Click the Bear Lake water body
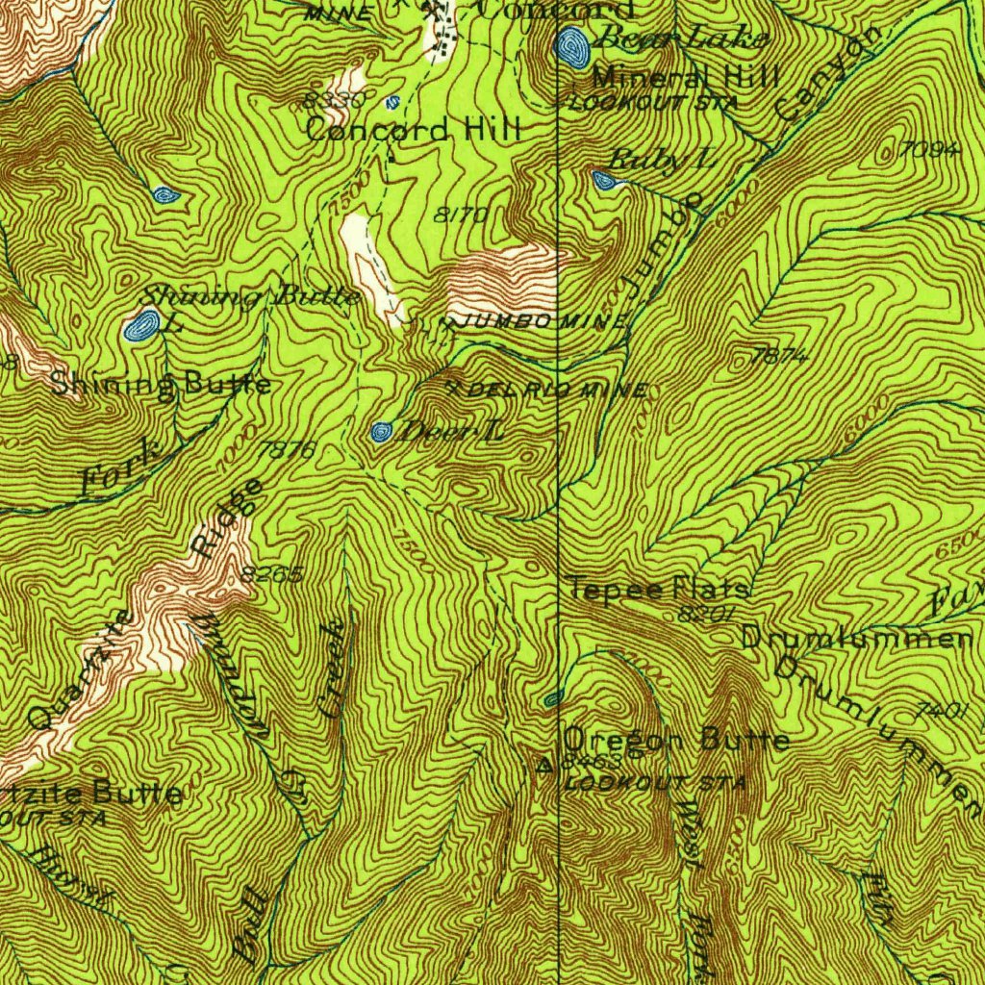coord(573,46)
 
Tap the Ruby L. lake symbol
coord(604,180)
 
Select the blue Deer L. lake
coord(382,431)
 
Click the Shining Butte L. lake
coord(143,326)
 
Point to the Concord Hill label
coord(414,129)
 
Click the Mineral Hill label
coord(685,78)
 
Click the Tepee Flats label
coord(659,588)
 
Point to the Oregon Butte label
coord(676,740)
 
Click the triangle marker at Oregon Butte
coord(546,766)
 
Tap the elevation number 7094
coord(931,149)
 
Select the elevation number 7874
coord(780,356)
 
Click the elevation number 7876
coord(287,448)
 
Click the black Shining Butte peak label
coord(161,385)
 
